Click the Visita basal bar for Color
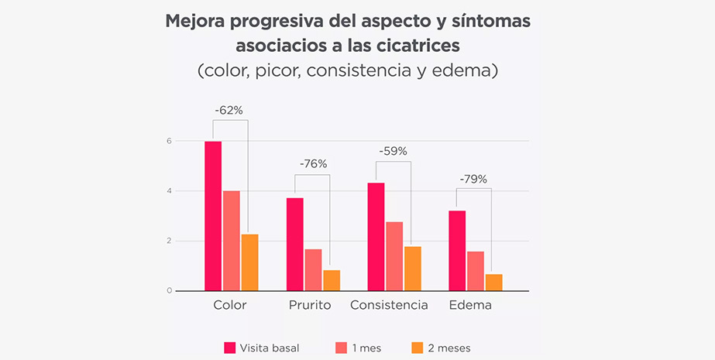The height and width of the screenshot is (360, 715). tap(213, 216)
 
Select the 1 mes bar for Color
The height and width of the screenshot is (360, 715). tap(231, 241)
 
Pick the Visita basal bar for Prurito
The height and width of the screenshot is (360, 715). tap(294, 244)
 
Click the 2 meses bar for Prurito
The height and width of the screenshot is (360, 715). tap(332, 280)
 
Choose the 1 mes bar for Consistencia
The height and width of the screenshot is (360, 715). tap(395, 256)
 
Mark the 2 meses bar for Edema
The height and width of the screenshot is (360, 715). tap(493, 283)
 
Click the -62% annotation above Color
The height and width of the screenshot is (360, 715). tap(229, 111)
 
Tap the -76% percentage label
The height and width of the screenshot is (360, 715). tap(313, 163)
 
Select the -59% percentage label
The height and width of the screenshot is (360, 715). tap(393, 151)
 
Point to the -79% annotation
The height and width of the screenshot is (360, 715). tap(473, 179)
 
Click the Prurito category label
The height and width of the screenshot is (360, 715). tap(309, 305)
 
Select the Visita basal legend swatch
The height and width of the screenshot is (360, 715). tap(229, 348)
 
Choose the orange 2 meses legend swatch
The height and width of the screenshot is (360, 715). tap(418, 348)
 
